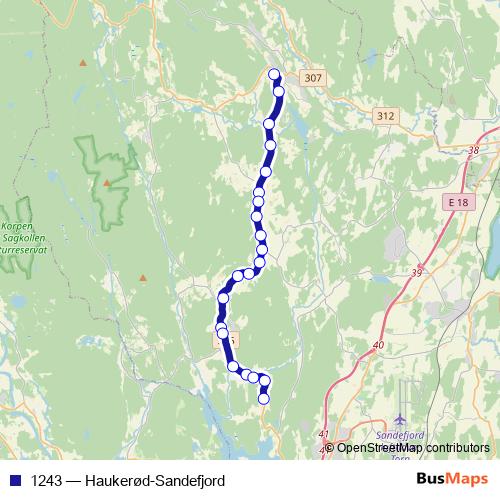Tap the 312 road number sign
click(x=386, y=117)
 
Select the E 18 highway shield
click(x=458, y=202)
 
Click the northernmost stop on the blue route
click(x=274, y=73)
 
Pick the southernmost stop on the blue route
click(x=264, y=399)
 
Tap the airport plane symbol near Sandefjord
click(x=401, y=418)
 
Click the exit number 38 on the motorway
click(x=474, y=150)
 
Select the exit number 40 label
click(x=377, y=345)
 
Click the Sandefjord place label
click(x=398, y=437)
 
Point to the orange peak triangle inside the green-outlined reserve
click(x=105, y=183)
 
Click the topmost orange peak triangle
click(x=83, y=62)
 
